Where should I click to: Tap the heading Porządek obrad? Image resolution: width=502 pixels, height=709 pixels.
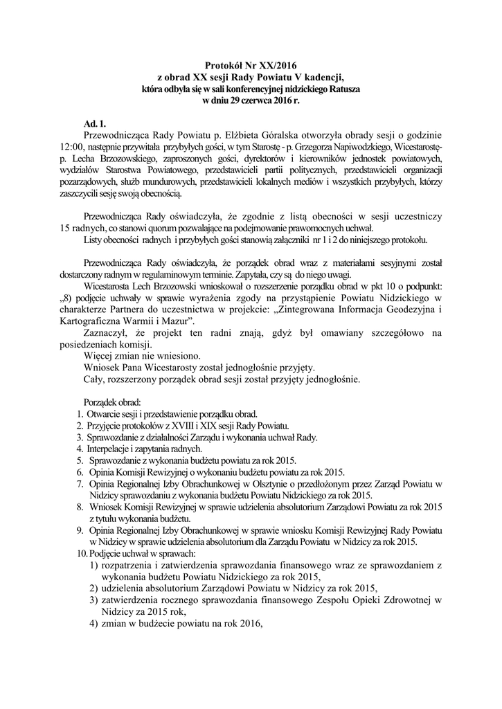(111, 402)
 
